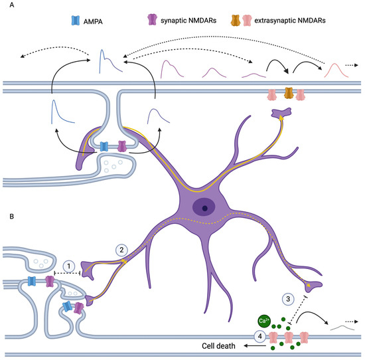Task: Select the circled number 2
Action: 121,250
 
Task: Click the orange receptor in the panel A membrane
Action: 289,94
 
